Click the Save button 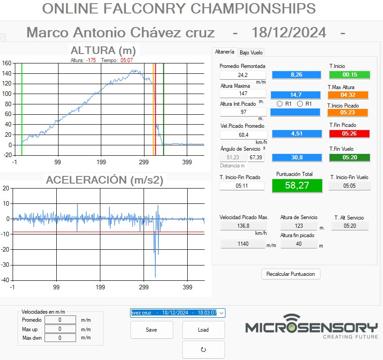click(x=152, y=330)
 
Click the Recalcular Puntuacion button click(x=291, y=274)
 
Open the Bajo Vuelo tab click(x=251, y=53)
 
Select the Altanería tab click(x=225, y=52)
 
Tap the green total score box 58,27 click(x=297, y=185)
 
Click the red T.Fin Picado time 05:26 click(x=349, y=134)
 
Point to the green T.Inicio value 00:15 click(x=350, y=75)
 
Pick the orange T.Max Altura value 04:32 click(x=348, y=95)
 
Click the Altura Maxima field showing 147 click(x=243, y=94)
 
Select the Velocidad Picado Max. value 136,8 click(x=243, y=226)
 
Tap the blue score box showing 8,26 click(x=296, y=75)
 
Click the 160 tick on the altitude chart click(x=7, y=63)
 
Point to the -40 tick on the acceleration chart click(x=5, y=280)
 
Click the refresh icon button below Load click(x=203, y=350)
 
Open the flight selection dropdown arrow click(x=221, y=313)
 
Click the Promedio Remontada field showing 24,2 click(x=243, y=75)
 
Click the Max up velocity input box click(x=60, y=329)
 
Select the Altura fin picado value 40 click(x=299, y=244)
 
